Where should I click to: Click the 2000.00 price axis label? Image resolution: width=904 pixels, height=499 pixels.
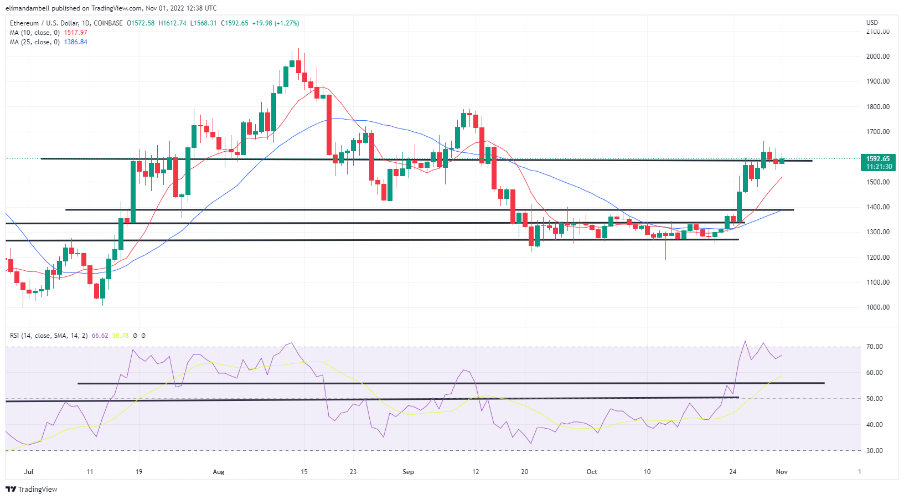click(x=877, y=56)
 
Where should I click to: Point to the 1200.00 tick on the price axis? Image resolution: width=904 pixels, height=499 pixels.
click(x=877, y=258)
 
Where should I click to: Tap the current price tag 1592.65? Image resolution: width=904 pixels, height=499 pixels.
click(x=878, y=159)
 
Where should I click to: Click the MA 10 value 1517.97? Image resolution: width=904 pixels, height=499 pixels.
click(x=75, y=33)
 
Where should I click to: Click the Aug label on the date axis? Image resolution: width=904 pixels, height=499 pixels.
click(x=219, y=472)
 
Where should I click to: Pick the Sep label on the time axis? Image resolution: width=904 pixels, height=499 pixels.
click(x=408, y=472)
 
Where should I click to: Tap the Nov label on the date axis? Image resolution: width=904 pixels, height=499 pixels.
click(x=782, y=472)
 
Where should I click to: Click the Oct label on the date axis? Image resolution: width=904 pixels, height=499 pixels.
click(x=592, y=472)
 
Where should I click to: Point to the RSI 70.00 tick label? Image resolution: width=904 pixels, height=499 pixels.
click(x=875, y=347)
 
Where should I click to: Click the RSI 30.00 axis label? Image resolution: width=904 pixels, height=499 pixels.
click(x=875, y=451)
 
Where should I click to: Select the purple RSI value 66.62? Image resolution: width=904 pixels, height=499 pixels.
click(x=100, y=336)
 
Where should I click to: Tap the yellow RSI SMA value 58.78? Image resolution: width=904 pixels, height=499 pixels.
click(x=120, y=336)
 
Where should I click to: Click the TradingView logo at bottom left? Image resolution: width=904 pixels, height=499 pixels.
click(x=32, y=490)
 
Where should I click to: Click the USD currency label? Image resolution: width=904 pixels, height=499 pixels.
click(x=872, y=23)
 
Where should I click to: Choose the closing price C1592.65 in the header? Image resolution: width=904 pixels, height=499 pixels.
click(x=235, y=23)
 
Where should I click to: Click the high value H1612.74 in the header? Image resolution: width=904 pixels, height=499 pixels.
click(x=172, y=23)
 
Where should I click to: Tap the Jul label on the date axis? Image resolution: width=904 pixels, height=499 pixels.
click(x=29, y=472)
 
